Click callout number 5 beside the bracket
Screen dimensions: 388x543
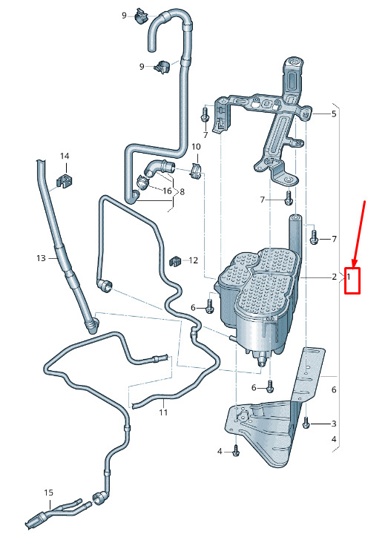334,113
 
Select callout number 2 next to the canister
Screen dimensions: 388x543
334,277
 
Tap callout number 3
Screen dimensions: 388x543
334,424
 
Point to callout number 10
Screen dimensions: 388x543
196,147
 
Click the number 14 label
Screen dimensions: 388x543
65,157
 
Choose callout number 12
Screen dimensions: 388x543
194,260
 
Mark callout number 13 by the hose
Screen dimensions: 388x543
41,258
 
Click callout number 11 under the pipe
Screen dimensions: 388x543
163,412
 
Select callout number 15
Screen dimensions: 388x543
49,493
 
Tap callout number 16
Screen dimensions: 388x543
167,191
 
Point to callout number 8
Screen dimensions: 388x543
183,191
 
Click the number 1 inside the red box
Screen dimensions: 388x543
349,277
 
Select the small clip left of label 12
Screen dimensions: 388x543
175,261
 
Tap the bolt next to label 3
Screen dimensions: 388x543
306,423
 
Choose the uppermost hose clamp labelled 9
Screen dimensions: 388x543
140,16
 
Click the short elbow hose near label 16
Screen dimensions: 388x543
158,168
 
